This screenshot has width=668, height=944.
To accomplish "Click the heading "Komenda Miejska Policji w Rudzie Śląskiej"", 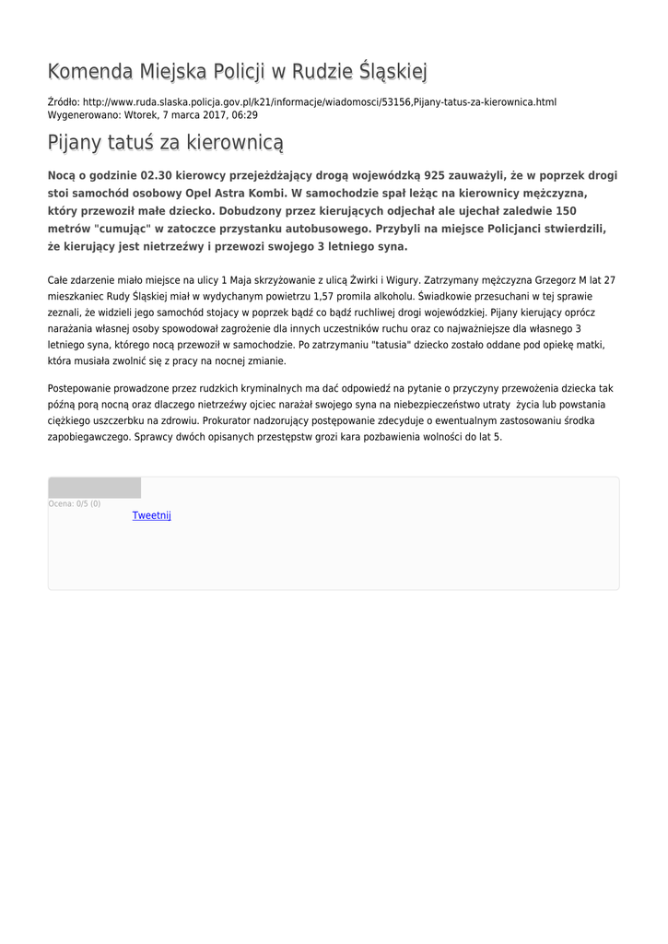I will coord(237,72).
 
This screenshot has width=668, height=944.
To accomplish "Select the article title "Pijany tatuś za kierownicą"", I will coord(165,143).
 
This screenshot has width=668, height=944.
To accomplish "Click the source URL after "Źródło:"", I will coord(319,102).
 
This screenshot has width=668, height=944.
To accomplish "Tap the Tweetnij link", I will coord(151,515).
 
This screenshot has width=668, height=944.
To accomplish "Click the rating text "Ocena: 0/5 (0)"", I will coord(75,503).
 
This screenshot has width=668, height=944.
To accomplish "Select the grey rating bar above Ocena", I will coord(94,488).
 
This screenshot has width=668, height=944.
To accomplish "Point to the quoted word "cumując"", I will coord(125,229).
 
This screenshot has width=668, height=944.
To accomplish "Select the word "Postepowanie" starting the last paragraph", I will coord(84,388).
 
